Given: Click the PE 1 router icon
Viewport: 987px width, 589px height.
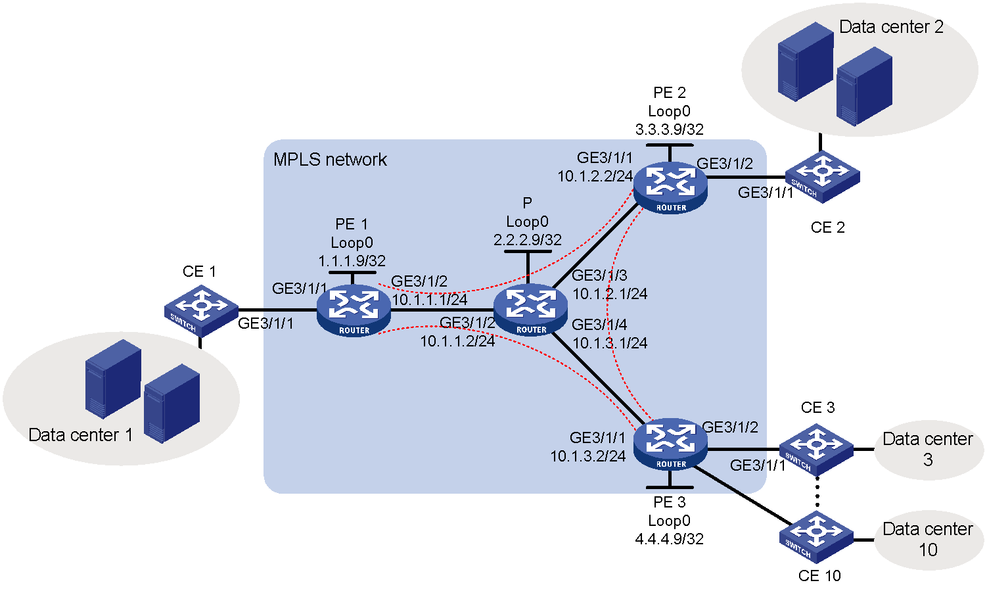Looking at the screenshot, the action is (354, 311).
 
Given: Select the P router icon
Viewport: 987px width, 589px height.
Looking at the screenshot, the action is (530, 310).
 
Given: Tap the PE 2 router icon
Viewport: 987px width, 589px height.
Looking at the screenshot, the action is (670, 188).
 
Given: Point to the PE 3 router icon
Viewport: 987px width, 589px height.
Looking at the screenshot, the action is (670, 444).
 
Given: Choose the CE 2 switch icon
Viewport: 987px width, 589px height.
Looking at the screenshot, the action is (823, 177).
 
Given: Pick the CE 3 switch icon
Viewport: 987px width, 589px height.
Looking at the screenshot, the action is (817, 449).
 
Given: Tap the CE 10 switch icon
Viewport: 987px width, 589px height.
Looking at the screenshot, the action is (817, 537).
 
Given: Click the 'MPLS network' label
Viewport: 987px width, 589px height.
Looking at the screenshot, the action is (330, 160).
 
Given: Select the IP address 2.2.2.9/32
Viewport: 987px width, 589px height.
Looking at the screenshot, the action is (528, 240).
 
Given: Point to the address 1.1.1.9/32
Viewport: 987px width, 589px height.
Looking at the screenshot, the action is (352, 261).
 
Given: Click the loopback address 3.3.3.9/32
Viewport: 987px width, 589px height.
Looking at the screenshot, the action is (670, 130).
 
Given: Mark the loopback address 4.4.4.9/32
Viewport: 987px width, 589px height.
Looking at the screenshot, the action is (670, 539).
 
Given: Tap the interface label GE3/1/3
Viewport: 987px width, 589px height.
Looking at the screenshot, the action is (599, 275).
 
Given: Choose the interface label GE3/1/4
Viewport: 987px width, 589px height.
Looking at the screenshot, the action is (599, 325).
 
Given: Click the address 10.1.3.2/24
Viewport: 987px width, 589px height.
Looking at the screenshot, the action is (587, 456).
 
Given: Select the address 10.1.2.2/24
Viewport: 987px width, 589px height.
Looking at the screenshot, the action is (595, 176).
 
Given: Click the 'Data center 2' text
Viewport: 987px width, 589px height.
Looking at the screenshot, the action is (891, 27).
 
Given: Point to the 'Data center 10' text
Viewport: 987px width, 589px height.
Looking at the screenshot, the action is (928, 539).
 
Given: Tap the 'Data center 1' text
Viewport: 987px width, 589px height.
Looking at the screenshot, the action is (81, 435).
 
